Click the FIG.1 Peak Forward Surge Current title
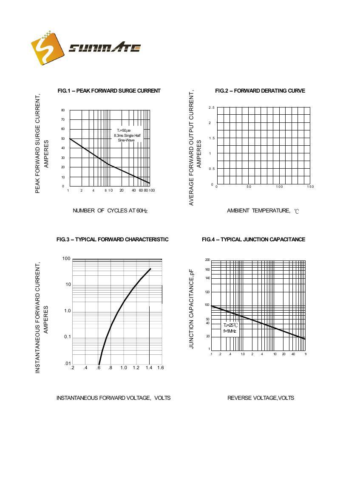tap(109, 91)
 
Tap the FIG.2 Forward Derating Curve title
tap(260, 91)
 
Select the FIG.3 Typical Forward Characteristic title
tap(112, 239)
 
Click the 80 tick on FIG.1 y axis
tap(63, 110)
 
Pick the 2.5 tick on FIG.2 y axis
tap(211, 107)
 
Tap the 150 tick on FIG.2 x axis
tap(310, 187)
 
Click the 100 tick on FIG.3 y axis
tap(66, 258)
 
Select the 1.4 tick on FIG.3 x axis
tap(149, 368)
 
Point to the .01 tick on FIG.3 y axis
tap(67, 363)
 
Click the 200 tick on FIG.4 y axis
tap(207, 260)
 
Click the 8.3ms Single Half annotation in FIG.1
tap(127, 135)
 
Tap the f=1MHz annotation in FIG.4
tap(230, 331)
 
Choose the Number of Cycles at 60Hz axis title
tap(110, 210)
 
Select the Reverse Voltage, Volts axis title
tap(261, 398)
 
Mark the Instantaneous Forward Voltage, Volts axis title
tap(113, 398)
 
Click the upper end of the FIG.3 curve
tap(150, 269)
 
